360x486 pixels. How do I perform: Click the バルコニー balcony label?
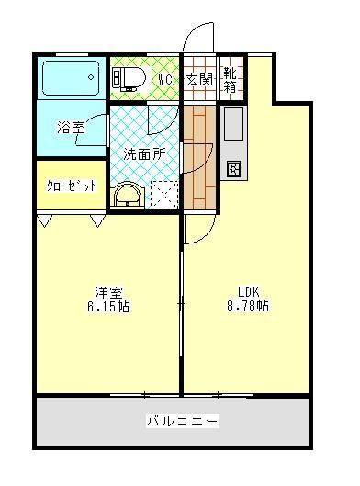click(182, 422)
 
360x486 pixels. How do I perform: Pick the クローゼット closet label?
click(71, 185)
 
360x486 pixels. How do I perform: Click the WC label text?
click(164, 80)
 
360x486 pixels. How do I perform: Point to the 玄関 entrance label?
click(197, 80)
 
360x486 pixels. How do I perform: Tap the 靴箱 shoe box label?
click(231, 80)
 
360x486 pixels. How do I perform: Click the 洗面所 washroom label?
click(144, 154)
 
